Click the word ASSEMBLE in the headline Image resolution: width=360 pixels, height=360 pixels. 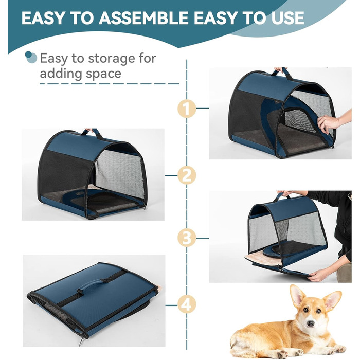click(x=144, y=18)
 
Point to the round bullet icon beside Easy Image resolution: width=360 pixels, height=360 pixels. click(x=31, y=57)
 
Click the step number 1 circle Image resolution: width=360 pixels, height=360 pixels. click(x=187, y=109)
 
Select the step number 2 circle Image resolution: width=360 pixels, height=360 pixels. click(x=187, y=175)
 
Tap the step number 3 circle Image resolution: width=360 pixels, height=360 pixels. click(x=187, y=238)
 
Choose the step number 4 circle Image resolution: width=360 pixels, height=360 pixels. click(x=187, y=305)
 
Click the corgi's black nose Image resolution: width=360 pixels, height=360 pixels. click(x=311, y=323)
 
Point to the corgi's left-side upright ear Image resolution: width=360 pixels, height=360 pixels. click(x=298, y=296)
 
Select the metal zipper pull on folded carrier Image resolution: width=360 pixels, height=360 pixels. click(x=81, y=341)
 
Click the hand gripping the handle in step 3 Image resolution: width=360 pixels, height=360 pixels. click(x=287, y=193)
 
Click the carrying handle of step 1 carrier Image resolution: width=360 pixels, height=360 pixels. click(x=282, y=73)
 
